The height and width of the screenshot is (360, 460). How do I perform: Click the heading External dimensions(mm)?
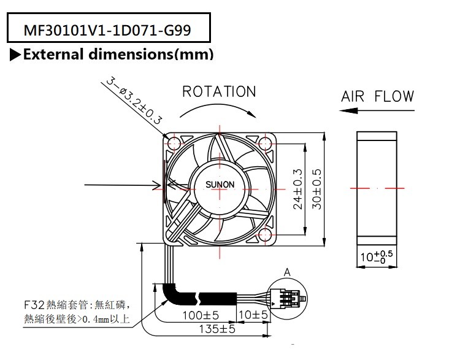click(118, 55)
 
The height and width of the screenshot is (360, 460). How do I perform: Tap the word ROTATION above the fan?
click(219, 92)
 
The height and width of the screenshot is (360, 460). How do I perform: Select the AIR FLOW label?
click(378, 96)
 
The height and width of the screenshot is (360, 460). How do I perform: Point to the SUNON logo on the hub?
click(219, 186)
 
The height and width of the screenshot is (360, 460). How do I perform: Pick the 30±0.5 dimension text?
click(318, 187)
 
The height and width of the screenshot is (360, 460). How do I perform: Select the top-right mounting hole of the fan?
click(264, 144)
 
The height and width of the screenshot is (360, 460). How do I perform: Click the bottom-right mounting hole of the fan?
click(264, 234)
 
